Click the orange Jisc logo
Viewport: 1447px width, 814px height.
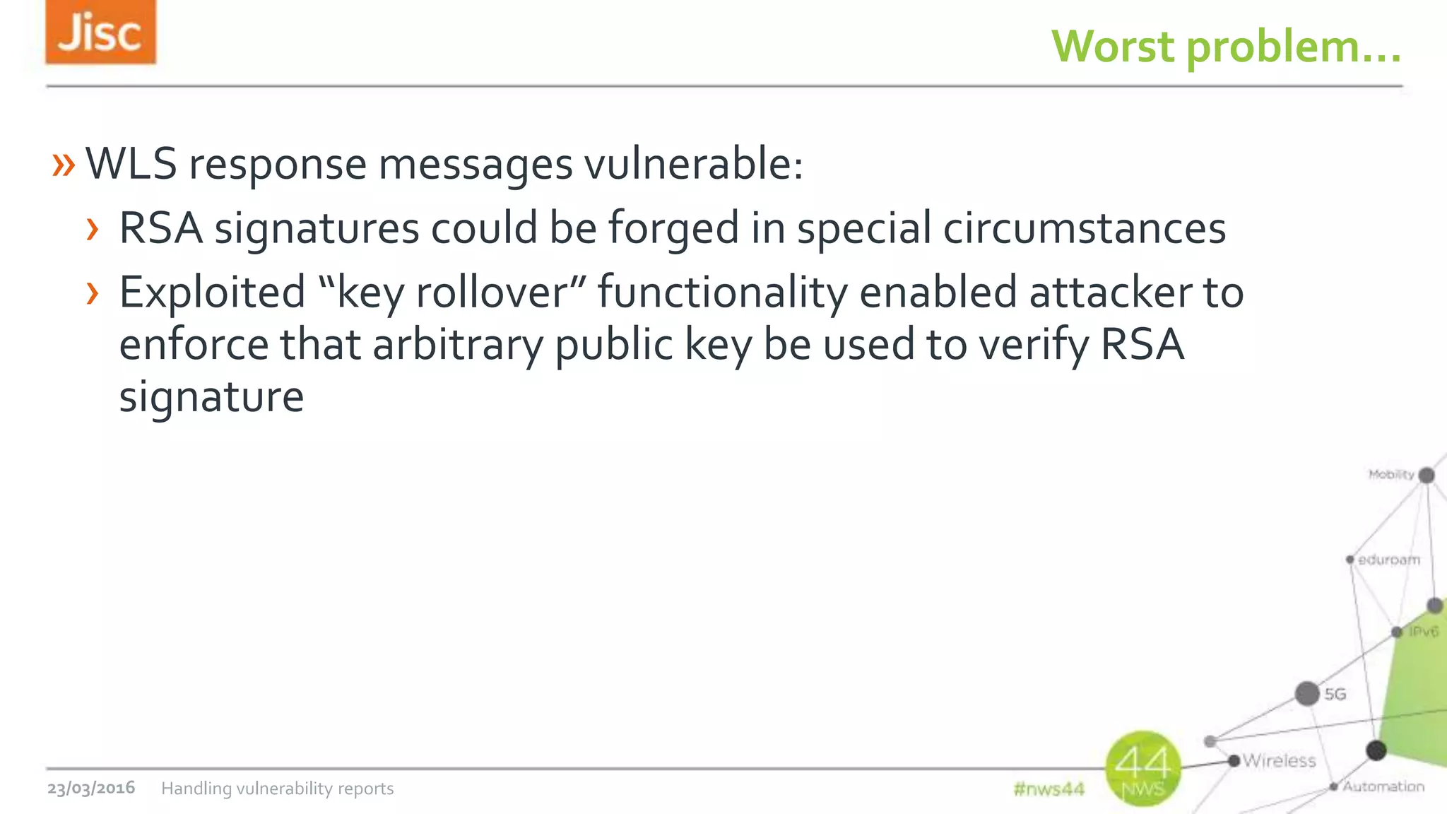coord(100,33)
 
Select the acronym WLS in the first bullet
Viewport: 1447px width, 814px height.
coord(131,164)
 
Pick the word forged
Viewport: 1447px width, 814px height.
coord(673,229)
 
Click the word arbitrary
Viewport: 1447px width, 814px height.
coord(458,345)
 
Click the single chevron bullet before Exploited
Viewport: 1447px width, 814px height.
coord(92,293)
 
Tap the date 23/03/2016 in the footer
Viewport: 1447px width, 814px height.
coord(91,788)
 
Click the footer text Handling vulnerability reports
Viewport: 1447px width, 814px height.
coord(277,789)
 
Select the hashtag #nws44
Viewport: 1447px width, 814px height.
coord(1049,789)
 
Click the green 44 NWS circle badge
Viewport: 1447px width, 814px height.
coord(1142,768)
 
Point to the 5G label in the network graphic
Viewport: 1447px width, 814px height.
coord(1335,694)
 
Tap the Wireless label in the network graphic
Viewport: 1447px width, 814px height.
coord(1279,760)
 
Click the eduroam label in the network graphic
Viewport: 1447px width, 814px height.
coord(1388,560)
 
